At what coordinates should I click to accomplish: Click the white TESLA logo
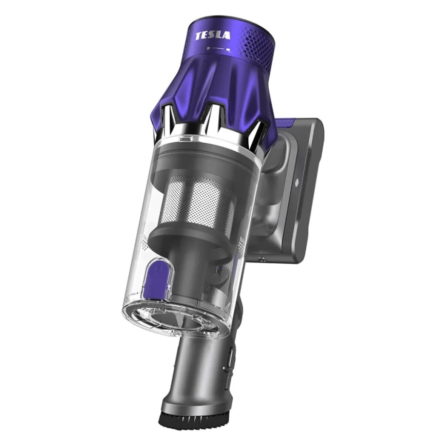point(213,36)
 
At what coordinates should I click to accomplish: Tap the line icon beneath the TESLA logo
point(220,49)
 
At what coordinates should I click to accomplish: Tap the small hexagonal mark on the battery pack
point(297,182)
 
